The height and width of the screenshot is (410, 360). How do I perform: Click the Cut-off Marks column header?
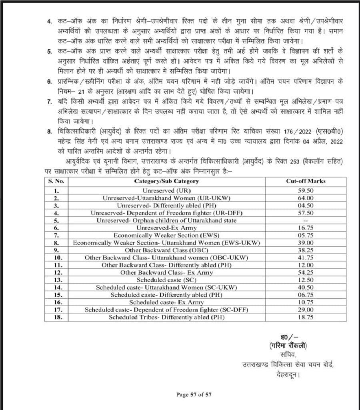click(x=306, y=181)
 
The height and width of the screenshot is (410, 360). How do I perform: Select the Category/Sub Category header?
click(x=166, y=181)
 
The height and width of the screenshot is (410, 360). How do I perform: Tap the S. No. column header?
click(x=56, y=181)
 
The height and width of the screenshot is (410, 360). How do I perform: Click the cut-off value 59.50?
click(x=306, y=191)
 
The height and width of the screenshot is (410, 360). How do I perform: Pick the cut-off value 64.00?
click(x=306, y=198)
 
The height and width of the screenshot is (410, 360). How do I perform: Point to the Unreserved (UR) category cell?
click(x=166, y=191)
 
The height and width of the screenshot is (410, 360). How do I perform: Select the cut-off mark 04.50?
click(x=306, y=206)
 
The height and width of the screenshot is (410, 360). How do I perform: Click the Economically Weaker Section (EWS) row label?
click(x=166, y=235)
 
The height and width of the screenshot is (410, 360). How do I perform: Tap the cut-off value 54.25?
click(x=306, y=272)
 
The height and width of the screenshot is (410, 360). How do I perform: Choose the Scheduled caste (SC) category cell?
click(x=166, y=280)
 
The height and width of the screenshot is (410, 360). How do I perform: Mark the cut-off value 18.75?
click(x=306, y=317)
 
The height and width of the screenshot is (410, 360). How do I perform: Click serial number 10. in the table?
click(x=56, y=257)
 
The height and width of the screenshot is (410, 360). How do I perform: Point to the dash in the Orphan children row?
click(x=306, y=221)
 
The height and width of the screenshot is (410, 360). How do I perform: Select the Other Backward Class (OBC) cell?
click(x=166, y=250)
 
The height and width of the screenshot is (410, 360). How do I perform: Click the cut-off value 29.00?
click(x=306, y=310)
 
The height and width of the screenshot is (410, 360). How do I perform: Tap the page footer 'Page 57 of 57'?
click(x=194, y=394)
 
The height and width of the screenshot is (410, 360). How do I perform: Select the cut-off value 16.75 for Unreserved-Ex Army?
click(x=306, y=228)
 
